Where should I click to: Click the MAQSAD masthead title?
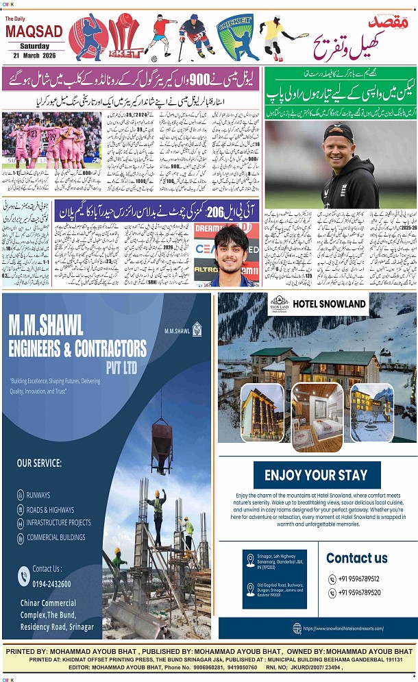point(34,32)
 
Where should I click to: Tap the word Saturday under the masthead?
point(34,46)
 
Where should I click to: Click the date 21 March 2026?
point(34,56)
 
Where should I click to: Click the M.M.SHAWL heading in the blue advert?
point(46,325)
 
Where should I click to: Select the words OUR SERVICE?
point(39,463)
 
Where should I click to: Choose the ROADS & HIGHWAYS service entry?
point(50,509)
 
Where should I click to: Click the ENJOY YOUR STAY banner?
point(316,475)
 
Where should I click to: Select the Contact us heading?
point(356,557)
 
